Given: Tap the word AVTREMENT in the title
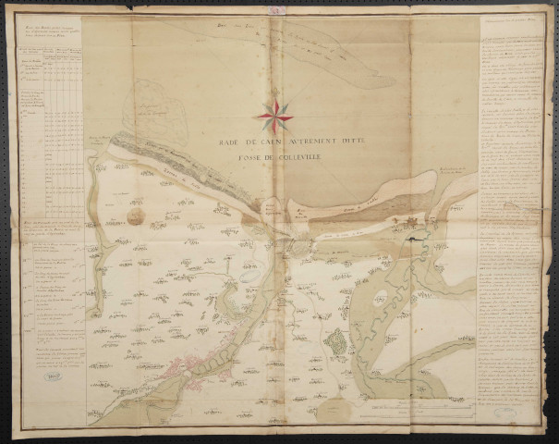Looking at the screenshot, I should pos(297,142).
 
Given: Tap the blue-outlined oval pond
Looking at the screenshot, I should pos(247,275).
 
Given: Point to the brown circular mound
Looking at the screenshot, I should pos(136,216).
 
